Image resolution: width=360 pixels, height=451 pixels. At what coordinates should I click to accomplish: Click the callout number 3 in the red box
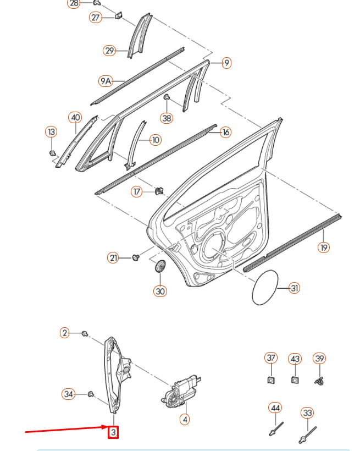point(113,432)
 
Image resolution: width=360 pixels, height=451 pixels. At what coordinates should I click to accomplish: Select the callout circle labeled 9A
point(106,81)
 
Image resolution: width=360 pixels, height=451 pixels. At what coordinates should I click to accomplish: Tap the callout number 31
point(295,288)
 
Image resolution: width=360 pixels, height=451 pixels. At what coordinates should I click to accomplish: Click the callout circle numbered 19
point(324,248)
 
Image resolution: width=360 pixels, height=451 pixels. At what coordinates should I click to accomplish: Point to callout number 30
point(160,291)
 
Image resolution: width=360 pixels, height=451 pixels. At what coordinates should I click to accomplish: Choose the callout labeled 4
point(185,419)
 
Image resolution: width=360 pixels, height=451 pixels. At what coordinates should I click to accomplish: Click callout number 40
point(75,117)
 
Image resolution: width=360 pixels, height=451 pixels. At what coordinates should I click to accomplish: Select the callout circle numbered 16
point(225,132)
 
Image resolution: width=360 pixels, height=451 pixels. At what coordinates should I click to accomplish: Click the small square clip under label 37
point(271,380)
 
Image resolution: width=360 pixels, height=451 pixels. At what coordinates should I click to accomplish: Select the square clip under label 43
point(295,380)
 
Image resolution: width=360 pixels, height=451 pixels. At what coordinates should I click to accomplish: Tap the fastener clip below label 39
point(319,380)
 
